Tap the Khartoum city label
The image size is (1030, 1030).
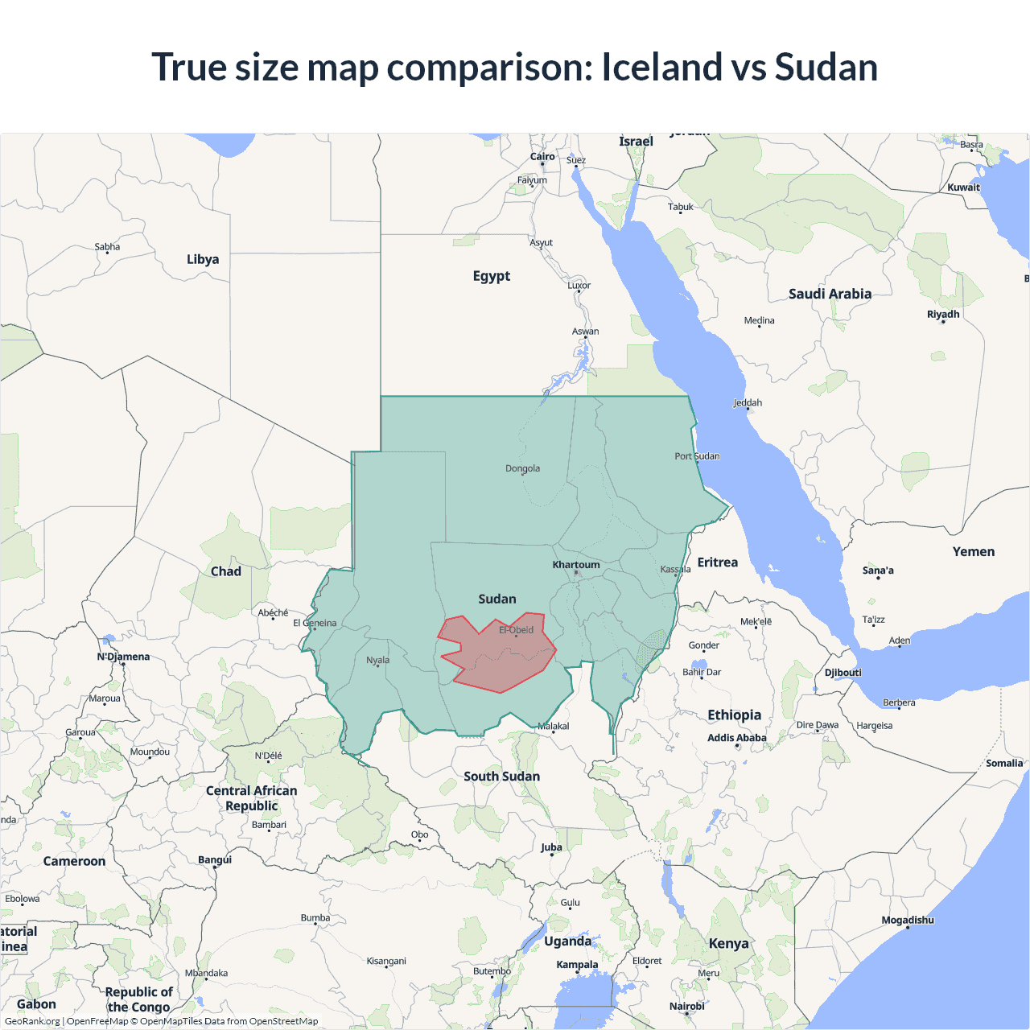575,565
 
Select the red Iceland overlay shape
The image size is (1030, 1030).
499,656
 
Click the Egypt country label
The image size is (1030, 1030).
491,276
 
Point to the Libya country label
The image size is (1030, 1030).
203,259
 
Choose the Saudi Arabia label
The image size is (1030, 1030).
830,294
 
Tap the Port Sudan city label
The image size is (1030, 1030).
697,456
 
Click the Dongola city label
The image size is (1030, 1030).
522,468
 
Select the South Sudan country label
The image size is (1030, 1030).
501,777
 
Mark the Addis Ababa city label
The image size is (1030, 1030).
736,738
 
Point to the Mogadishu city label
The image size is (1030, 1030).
908,920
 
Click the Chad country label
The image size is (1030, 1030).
225,571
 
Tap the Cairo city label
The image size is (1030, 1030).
542,157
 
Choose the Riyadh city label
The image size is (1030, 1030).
943,315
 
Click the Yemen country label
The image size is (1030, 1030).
974,552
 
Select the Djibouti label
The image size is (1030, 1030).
843,673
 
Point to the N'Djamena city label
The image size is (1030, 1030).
123,657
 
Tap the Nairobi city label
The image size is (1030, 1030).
686,1006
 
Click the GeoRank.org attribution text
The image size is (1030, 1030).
32,1021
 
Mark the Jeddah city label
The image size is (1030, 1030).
748,403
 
